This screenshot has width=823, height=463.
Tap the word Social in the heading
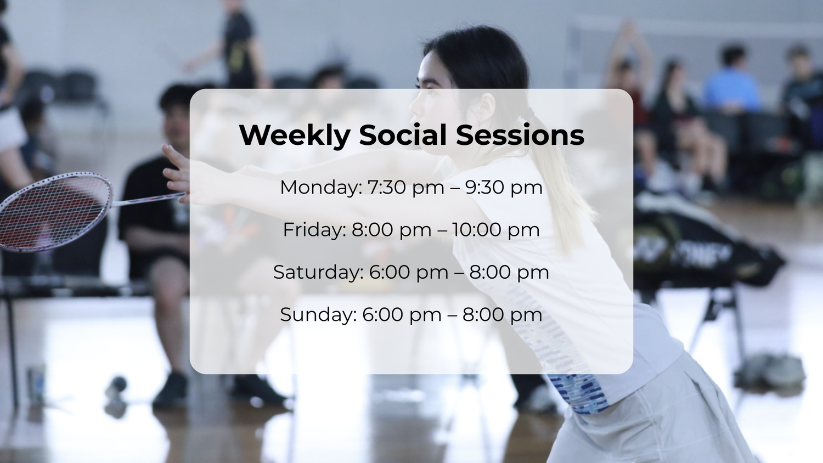(x=403, y=135)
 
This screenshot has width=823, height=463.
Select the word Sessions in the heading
(x=520, y=135)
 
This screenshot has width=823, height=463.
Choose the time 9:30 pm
(x=504, y=188)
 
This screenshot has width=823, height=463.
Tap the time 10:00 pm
(x=495, y=230)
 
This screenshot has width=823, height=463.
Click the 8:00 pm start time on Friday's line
(x=392, y=230)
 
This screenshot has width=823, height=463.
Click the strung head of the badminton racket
(x=55, y=212)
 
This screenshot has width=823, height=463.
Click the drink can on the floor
(x=36, y=382)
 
